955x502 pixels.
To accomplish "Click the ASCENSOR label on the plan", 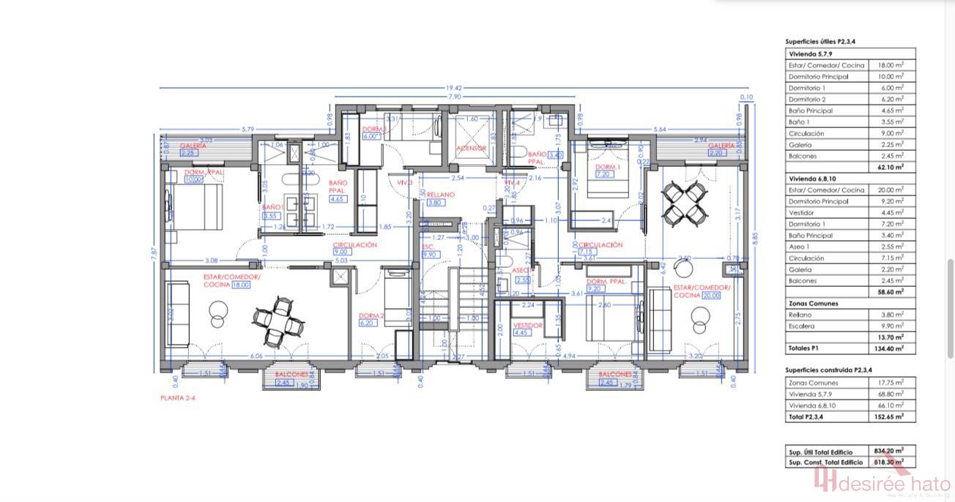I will [x=471, y=148].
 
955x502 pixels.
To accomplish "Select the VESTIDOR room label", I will [x=527, y=325].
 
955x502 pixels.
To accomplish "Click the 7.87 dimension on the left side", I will [x=154, y=253].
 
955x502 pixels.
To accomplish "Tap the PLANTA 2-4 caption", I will [x=178, y=398].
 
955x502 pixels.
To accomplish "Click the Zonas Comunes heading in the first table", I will [x=813, y=303].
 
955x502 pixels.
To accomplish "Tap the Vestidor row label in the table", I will [x=803, y=212].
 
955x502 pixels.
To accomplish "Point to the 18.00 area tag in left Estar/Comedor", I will [x=241, y=285].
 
